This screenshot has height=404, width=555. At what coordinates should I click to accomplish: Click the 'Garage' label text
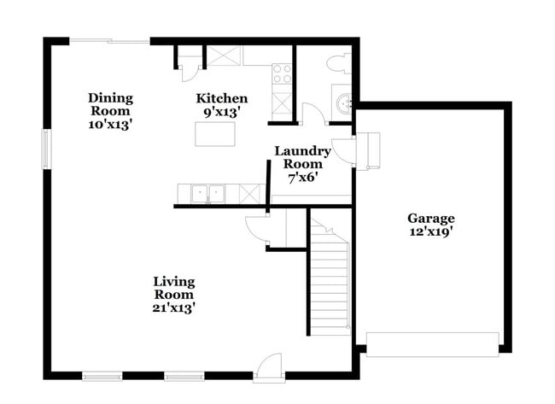[430, 218]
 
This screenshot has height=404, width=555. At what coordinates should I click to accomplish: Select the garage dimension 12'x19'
[430, 231]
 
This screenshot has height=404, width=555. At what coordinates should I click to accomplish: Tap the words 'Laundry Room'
[302, 157]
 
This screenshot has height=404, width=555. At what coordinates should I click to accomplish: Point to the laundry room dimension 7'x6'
[302, 178]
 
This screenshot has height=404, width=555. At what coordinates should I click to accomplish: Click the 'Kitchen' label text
[222, 98]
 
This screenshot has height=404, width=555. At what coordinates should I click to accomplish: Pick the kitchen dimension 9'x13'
[222, 111]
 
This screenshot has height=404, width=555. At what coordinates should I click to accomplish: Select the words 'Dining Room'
[110, 104]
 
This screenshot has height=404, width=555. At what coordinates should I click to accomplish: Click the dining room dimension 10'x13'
[110, 124]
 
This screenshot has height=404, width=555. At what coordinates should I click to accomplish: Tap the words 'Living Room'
[173, 287]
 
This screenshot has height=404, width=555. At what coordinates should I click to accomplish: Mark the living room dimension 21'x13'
[173, 307]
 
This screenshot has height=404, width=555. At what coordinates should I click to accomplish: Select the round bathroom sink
[343, 105]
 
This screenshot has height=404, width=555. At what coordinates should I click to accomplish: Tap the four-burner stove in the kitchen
[282, 74]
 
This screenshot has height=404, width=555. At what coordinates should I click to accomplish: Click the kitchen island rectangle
[215, 134]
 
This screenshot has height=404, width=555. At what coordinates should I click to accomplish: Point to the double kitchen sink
[207, 193]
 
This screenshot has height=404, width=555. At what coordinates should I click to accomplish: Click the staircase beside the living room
[330, 282]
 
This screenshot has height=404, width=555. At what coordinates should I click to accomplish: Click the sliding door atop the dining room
[110, 40]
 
